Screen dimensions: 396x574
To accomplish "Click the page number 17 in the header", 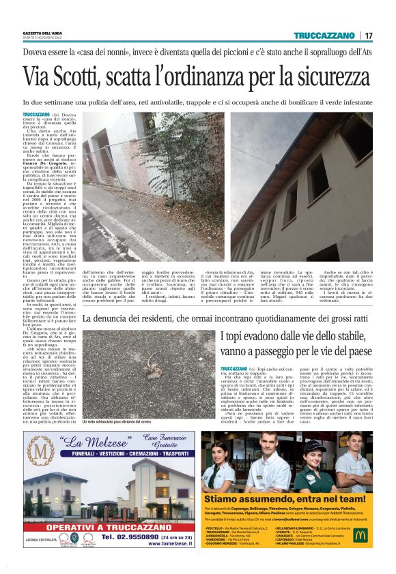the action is tap(369, 35).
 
